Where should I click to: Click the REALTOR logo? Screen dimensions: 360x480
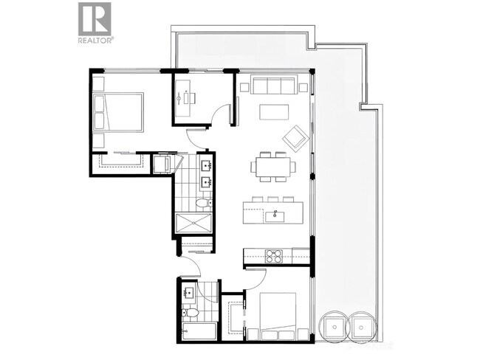95,22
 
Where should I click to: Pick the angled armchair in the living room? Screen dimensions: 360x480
296,136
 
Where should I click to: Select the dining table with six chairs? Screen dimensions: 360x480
272,165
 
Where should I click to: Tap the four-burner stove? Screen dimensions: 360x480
274,257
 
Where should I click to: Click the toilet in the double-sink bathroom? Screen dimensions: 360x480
204,202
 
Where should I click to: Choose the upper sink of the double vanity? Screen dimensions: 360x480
207,163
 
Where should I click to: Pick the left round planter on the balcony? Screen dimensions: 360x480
335,325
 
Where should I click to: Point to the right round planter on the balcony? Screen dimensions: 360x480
363,325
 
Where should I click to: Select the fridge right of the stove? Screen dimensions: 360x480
299,255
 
